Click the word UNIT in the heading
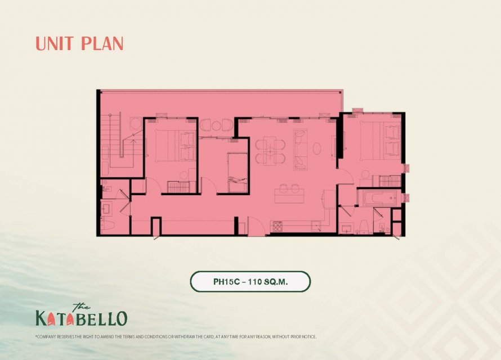(55, 44)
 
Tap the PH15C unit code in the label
(226, 282)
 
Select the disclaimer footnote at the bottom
(176, 337)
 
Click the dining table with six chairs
(270, 150)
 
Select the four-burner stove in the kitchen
(277, 226)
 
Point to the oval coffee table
(317, 148)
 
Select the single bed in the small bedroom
(238, 173)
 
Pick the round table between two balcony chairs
(216, 125)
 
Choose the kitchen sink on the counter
(316, 226)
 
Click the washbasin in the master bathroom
(346, 228)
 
